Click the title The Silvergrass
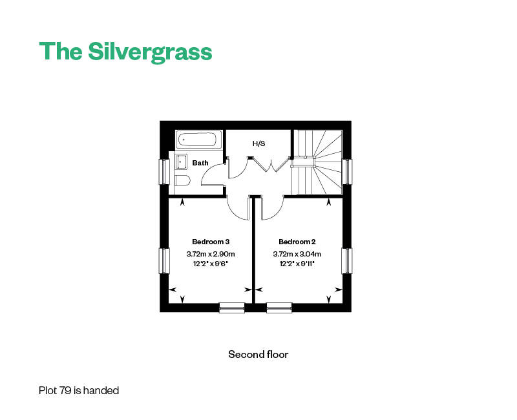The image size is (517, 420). click(125, 52)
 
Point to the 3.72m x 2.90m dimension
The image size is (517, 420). click(211, 254)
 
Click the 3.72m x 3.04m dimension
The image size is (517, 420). click(297, 254)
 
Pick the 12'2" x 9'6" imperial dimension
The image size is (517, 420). click(211, 264)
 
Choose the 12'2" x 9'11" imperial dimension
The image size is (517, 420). click(297, 264)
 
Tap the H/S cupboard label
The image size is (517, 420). click(258, 143)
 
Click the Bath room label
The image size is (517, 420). click(200, 163)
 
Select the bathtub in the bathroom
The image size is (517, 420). click(199, 139)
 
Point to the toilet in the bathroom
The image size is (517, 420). click(181, 180)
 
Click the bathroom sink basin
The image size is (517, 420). click(182, 162)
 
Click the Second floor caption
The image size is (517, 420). click(258, 354)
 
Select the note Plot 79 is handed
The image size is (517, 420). click(79, 390)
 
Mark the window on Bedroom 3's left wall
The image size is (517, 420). click(164, 260)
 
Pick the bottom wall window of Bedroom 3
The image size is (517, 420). click(232, 308)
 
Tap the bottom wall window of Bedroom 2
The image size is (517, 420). click(279, 308)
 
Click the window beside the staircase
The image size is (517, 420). click(348, 171)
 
